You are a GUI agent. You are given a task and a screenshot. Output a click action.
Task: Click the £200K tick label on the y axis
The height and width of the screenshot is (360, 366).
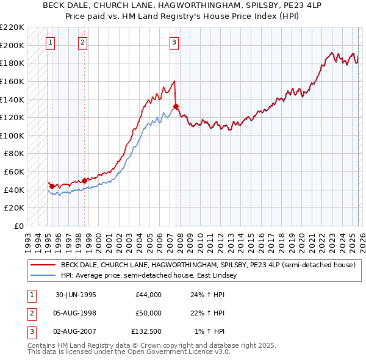click(12, 45)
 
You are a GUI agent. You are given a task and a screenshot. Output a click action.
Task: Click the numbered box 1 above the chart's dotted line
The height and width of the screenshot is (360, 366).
click(49, 43)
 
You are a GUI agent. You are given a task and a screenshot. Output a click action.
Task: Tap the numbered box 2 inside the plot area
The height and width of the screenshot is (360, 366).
click(82, 43)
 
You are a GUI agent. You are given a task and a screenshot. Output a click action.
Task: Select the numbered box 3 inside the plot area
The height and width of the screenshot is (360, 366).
click(174, 43)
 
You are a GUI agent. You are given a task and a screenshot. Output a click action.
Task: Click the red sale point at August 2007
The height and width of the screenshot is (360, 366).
click(176, 106)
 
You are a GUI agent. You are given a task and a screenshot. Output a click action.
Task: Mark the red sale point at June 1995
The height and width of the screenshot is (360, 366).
click(52, 186)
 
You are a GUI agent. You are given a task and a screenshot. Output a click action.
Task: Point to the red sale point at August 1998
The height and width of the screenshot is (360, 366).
click(84, 181)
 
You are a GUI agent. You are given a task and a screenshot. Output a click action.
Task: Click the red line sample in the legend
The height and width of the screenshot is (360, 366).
click(43, 265)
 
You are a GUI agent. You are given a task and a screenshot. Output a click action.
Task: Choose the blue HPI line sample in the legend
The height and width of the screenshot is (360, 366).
click(43, 276)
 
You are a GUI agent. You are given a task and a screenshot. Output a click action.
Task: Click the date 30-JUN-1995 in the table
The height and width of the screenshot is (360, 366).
click(76, 295)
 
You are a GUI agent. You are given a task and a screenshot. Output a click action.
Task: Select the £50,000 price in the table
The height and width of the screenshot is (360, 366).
click(149, 313)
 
